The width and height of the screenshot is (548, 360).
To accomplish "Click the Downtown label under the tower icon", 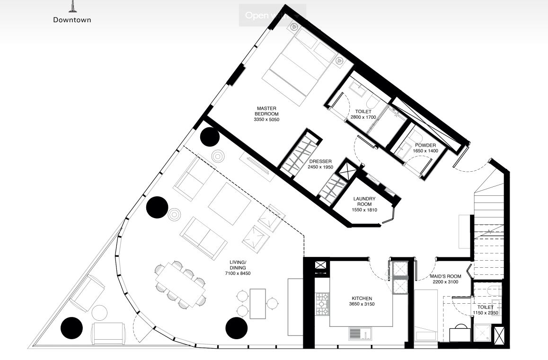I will (x=72, y=20).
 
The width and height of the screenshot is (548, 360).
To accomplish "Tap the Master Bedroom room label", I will (x=266, y=111).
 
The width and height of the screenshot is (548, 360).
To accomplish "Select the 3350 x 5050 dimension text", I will (x=266, y=120).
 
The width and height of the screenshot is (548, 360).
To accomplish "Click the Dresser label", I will (x=320, y=161).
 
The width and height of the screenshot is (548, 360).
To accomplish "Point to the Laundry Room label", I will (x=364, y=202).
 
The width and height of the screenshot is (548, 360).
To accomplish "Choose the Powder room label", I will (x=425, y=145).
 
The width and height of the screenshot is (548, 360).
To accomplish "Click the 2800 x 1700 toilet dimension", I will (x=363, y=117).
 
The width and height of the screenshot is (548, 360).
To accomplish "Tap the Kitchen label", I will (x=362, y=299).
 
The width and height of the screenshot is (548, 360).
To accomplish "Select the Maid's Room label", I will (x=446, y=276).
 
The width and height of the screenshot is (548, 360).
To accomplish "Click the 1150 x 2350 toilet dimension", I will (x=485, y=313).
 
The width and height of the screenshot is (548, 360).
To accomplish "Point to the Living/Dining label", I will (x=238, y=265).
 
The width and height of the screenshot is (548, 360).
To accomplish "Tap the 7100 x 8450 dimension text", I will (x=238, y=273).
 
